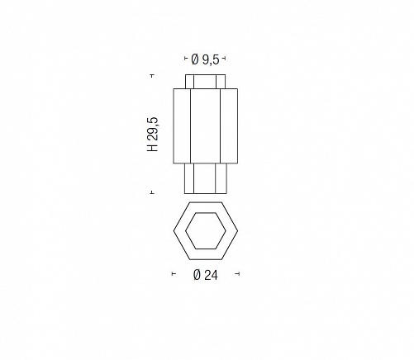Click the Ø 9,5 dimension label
tap(205, 59)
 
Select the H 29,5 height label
tap(153, 134)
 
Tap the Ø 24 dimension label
tap(206, 275)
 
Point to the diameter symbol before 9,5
tap(195, 59)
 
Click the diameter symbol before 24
tap(197, 275)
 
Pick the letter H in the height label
tap(153, 148)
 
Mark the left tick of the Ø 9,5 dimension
tap(186, 58)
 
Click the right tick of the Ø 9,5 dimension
tap(224, 58)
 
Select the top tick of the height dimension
tap(152, 75)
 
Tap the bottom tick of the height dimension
tap(152, 192)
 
